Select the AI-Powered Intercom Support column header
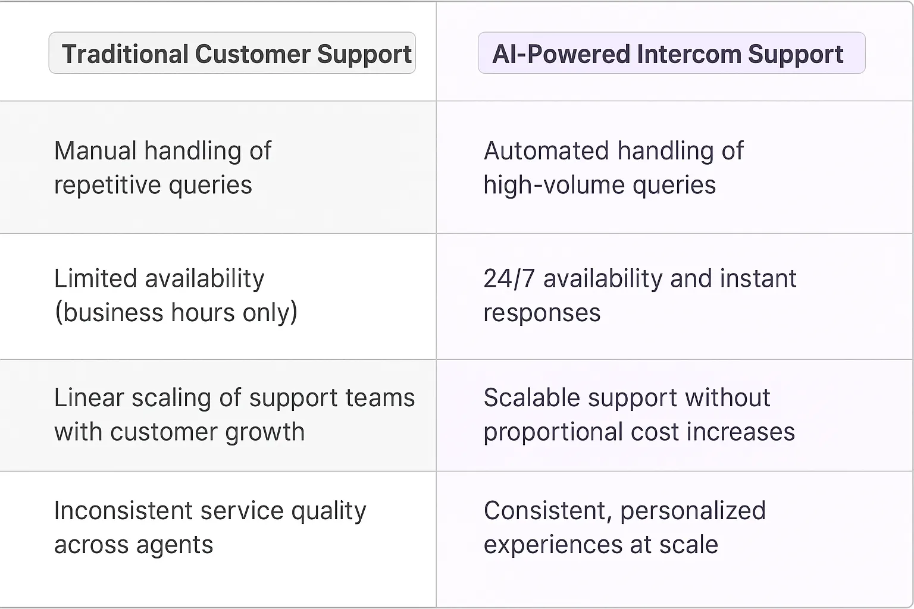671,54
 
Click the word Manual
95,151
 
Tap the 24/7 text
509,279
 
